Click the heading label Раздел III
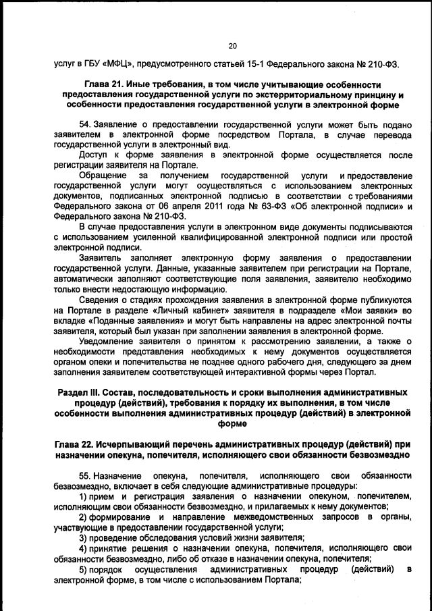tap(80, 392)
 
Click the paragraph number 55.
tap(86, 477)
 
